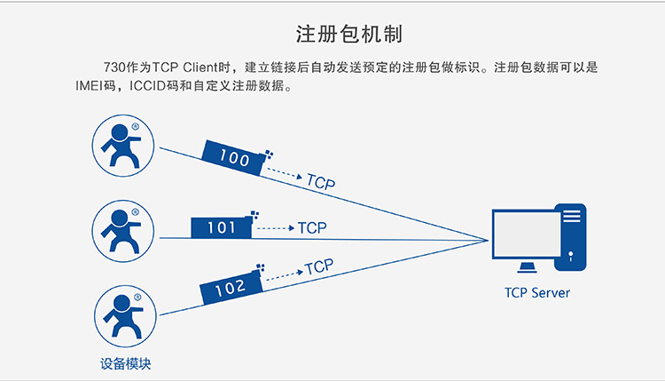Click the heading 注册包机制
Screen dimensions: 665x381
click(348, 34)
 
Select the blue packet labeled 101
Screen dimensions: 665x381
click(222, 227)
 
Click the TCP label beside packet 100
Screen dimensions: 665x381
click(321, 182)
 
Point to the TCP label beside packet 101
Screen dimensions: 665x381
click(312, 228)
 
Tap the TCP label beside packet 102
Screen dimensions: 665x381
click(319, 266)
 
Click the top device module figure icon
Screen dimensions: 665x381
click(123, 146)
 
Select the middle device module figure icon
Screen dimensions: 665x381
click(123, 231)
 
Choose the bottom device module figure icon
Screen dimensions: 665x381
click(125, 316)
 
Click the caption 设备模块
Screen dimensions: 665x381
click(126, 363)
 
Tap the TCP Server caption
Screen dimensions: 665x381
click(537, 293)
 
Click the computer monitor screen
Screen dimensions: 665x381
click(528, 234)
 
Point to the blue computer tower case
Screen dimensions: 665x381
click(570, 237)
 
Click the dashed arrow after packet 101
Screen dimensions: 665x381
click(276, 228)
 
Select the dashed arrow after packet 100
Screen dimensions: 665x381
click(285, 173)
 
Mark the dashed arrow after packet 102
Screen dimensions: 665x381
click(285, 275)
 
